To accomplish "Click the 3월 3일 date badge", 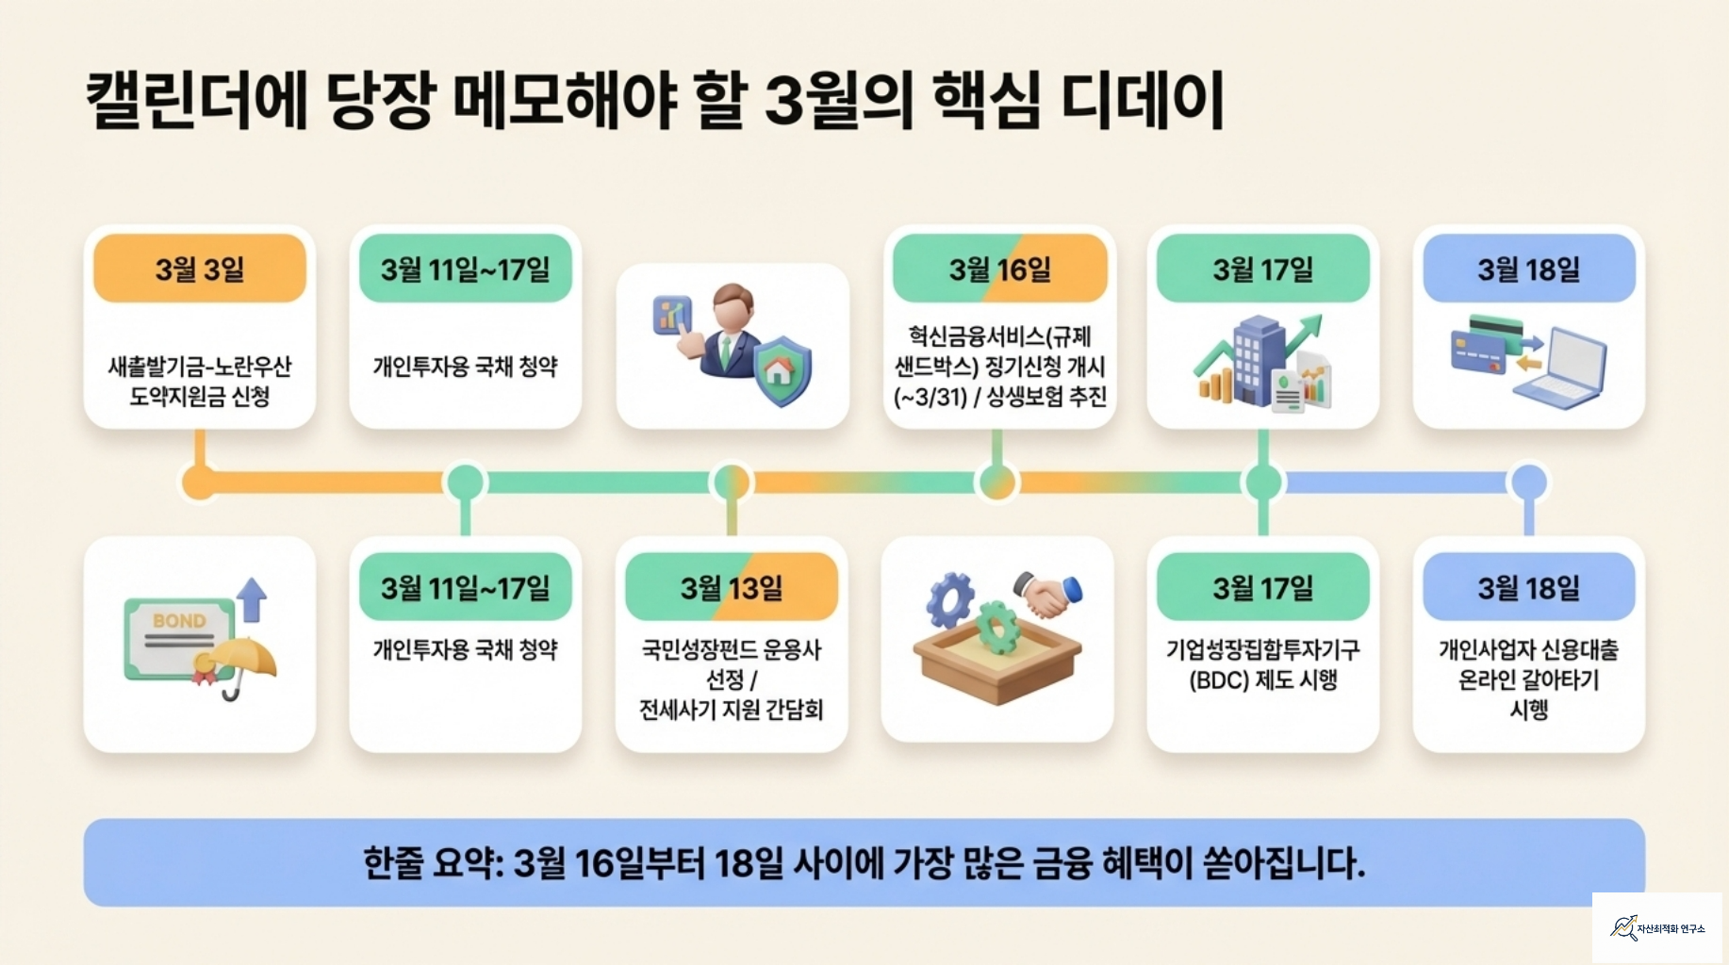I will tap(200, 270).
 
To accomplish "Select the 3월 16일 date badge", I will tap(999, 270).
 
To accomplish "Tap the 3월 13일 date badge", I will tap(732, 588).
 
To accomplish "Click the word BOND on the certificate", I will tap(179, 621).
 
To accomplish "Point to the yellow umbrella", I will tap(242, 659).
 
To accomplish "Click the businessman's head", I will tap(733, 307).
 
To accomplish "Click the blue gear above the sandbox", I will tap(949, 598).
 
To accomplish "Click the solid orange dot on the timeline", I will tap(199, 482).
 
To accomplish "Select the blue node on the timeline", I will tap(1528, 482).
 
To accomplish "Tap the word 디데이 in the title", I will tap(1142, 100).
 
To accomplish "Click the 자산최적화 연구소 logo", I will tap(1656, 928).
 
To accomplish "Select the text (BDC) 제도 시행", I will tap(1262, 680).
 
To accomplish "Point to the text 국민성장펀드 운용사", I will tap(732, 649).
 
